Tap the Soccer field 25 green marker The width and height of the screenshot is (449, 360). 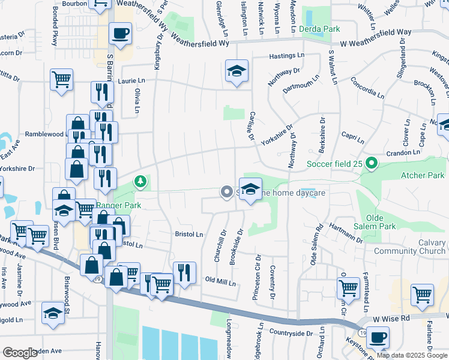[x=372, y=163]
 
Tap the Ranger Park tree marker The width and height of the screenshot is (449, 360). [x=140, y=180]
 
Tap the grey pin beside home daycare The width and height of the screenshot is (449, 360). [x=226, y=192]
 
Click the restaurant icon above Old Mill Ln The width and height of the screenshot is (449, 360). [x=184, y=272]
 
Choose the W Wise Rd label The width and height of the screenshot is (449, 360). [x=390, y=317]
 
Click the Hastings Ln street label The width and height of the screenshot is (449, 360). [x=288, y=55]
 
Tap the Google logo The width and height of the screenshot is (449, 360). [x=20, y=353]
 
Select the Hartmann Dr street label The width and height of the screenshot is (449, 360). [x=347, y=233]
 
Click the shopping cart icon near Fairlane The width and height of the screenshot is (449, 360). [x=422, y=295]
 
